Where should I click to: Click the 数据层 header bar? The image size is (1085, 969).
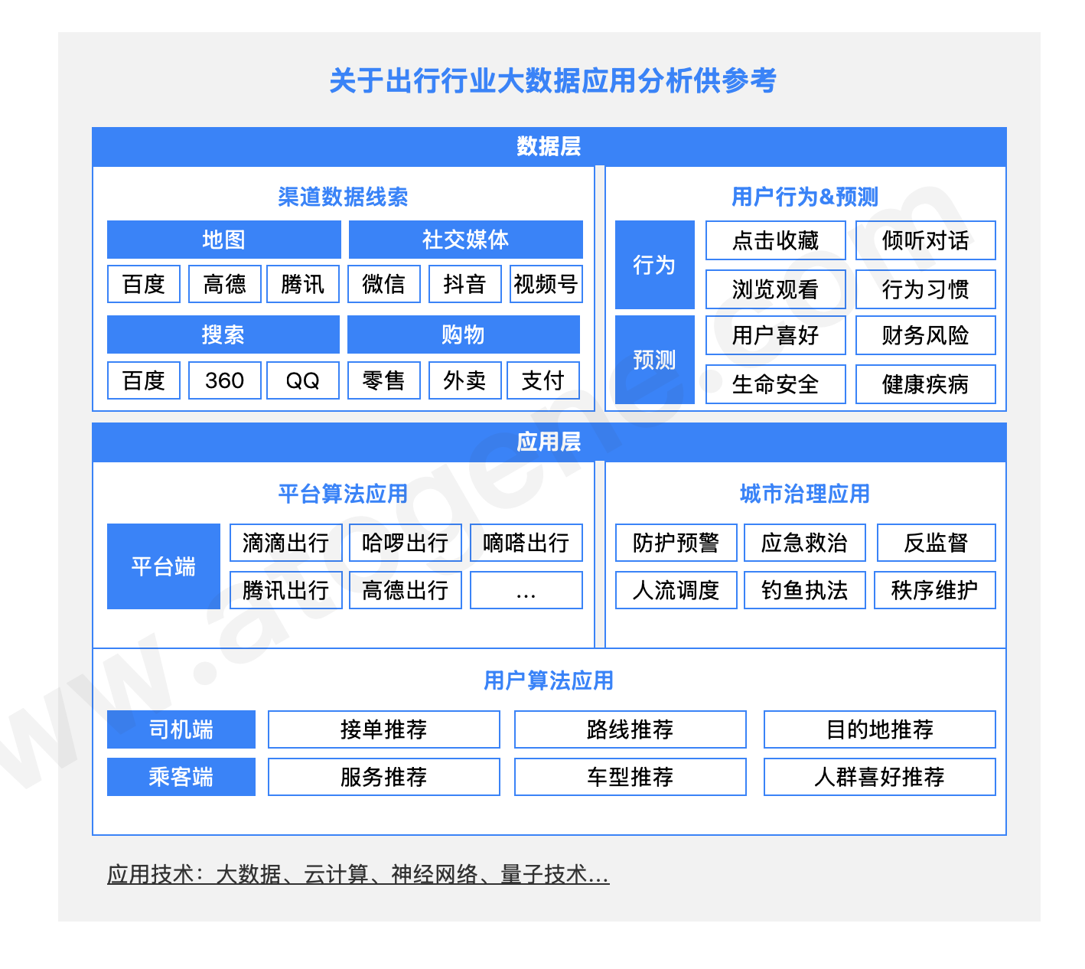[549, 146]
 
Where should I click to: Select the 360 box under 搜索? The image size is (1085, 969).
[224, 380]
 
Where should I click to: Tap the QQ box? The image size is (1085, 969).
[302, 380]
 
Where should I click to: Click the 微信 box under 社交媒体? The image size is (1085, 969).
[383, 284]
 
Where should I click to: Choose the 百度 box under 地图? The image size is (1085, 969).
[144, 284]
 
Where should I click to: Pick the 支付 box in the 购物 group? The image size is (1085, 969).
[543, 380]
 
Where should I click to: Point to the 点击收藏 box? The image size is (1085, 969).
[775, 240]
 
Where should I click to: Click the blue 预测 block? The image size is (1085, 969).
[654, 360]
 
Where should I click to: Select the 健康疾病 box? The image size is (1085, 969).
[925, 384]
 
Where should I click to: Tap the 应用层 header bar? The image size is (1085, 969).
[549, 442]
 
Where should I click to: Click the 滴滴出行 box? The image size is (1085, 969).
[286, 543]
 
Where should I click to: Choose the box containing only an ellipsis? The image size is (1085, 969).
[526, 590]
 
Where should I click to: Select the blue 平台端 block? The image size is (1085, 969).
[163, 566]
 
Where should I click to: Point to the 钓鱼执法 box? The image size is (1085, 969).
[804, 590]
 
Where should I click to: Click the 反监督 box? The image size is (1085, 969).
[936, 543]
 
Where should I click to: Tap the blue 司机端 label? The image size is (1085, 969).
[181, 729]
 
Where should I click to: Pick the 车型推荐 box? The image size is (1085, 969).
[630, 777]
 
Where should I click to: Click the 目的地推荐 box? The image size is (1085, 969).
[879, 729]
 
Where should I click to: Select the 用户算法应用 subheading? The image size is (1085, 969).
[549, 680]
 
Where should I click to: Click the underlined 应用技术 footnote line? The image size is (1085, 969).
[358, 874]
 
